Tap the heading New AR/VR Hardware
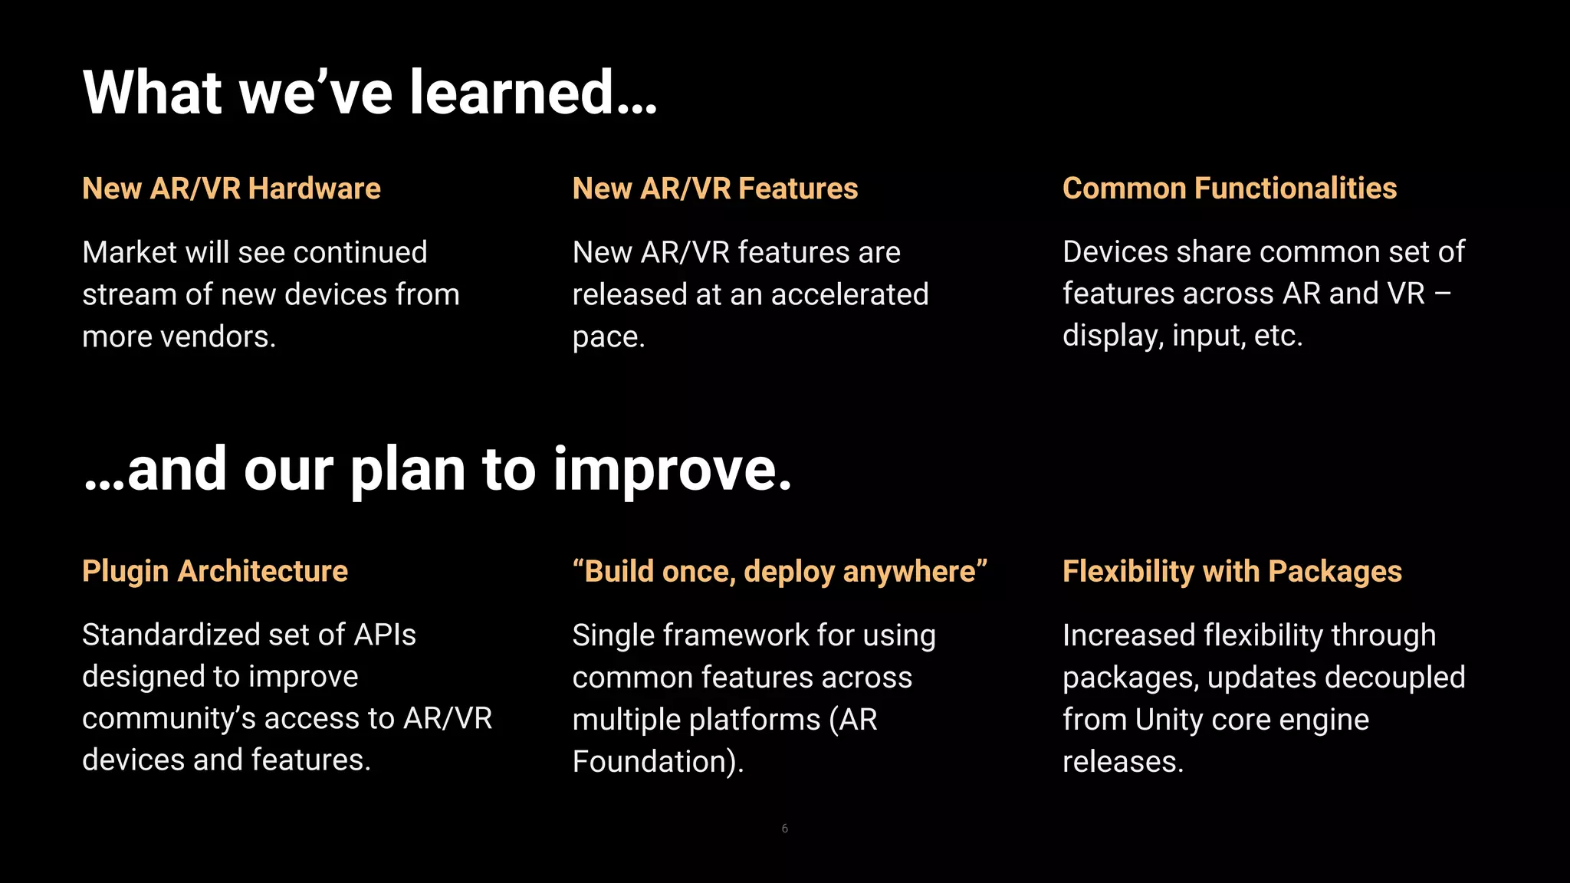(x=232, y=189)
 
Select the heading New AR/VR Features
(x=714, y=189)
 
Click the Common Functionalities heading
(x=1229, y=189)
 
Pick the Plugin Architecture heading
(x=215, y=572)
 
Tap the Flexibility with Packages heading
(x=1232, y=572)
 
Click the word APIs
(x=385, y=635)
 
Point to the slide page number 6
(x=784, y=829)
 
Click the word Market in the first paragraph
(x=129, y=253)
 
